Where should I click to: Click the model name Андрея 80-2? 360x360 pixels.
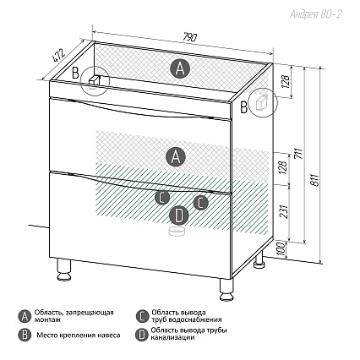coord(316,14)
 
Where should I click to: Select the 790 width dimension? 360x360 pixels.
coord(190,37)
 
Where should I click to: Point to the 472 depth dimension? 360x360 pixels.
coord(58,55)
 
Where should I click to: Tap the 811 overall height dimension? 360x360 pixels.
coord(315,180)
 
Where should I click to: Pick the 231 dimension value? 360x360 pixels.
coord(285,210)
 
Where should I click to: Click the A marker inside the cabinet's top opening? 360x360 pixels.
coord(180,69)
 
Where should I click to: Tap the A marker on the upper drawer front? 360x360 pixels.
coord(176,156)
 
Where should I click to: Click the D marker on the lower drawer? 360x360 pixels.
coord(178,215)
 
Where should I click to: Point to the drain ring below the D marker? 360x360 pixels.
coord(177,232)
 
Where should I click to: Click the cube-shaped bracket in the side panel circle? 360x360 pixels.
coord(261,101)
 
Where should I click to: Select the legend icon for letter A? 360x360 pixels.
coord(25,317)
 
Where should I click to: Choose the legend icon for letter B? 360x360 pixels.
coord(25,335)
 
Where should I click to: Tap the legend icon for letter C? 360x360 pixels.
coord(142,316)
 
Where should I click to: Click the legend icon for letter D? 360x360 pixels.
coord(142,335)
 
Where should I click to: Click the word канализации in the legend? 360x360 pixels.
coord(172,337)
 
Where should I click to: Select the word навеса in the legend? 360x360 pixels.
coord(108,335)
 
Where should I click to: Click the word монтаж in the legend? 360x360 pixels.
coord(47,320)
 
